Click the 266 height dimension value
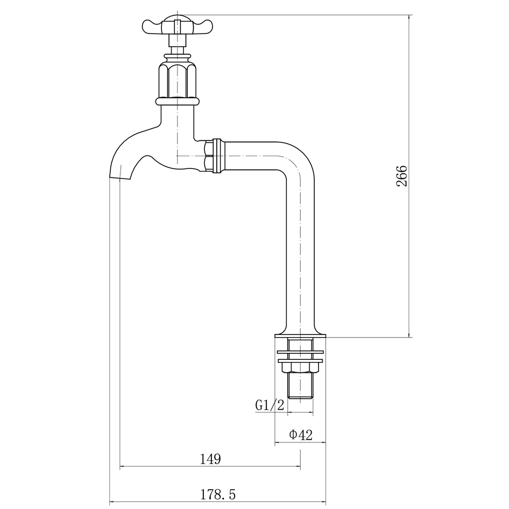click(402, 176)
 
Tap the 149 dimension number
click(210, 459)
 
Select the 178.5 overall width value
click(218, 495)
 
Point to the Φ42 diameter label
click(301, 435)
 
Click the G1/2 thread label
click(270, 406)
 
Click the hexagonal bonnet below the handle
click(177, 80)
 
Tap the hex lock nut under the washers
click(300, 367)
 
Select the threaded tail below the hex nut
click(300, 385)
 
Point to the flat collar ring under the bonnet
click(177, 101)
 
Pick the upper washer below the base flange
click(300, 352)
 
